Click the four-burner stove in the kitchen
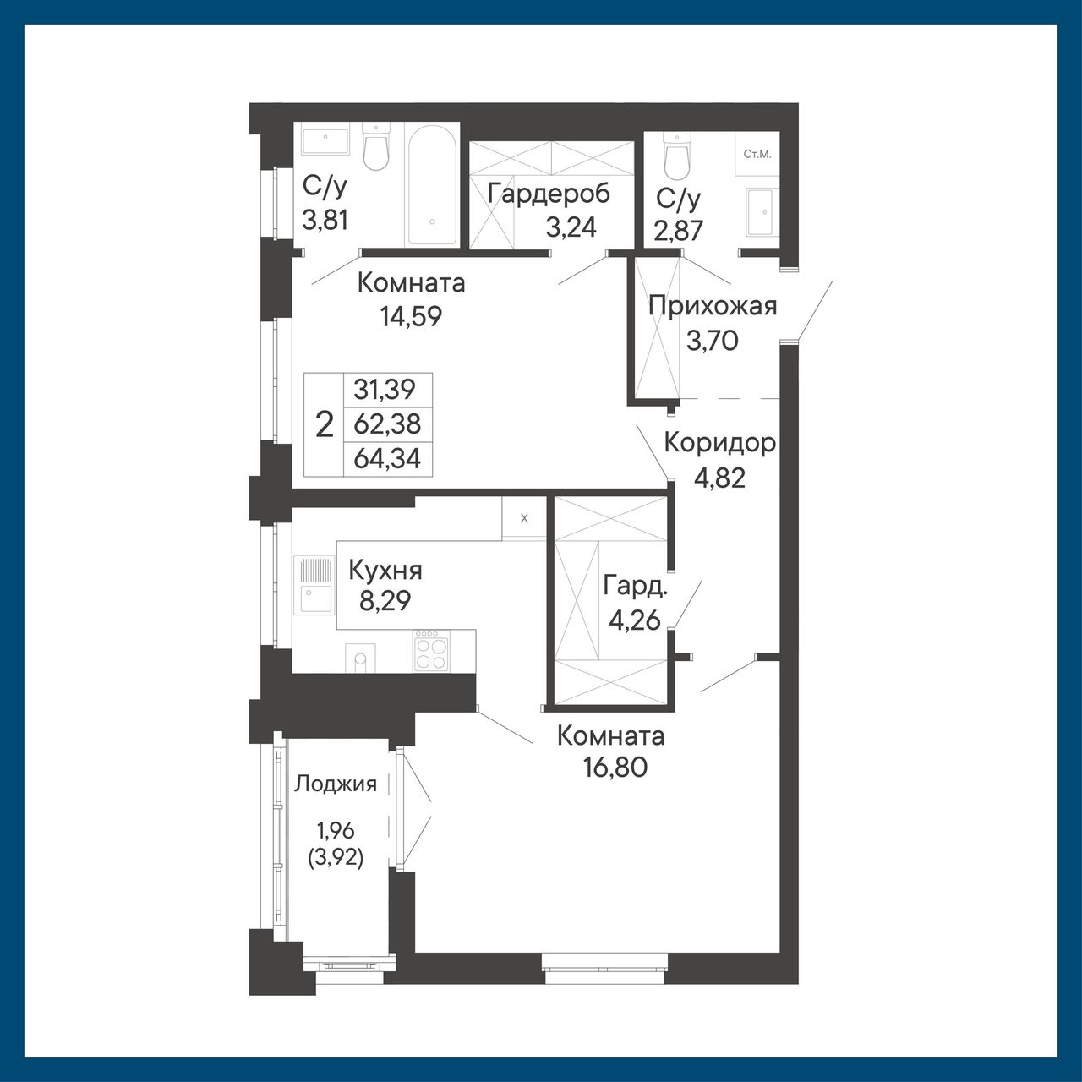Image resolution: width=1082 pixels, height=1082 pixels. (x=431, y=650)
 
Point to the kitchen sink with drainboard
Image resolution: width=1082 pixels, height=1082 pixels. (x=314, y=585)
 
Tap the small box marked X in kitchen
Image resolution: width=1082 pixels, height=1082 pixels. (x=524, y=518)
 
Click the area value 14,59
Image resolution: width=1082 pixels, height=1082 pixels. (x=411, y=317)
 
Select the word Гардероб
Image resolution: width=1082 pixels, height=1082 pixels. (x=549, y=194)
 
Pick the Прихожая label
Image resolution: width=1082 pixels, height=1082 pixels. (x=713, y=307)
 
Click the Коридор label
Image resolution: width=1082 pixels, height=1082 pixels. (x=720, y=444)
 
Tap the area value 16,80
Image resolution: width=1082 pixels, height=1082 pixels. (x=615, y=767)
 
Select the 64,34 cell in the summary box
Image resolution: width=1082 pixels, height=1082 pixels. (x=387, y=459)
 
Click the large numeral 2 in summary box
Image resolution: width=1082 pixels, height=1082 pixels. (x=325, y=424)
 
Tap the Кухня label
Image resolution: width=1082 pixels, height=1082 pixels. (x=385, y=572)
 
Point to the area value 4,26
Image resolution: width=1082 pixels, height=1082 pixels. (x=635, y=621)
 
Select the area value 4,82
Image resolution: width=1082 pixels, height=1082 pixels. (x=719, y=478)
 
